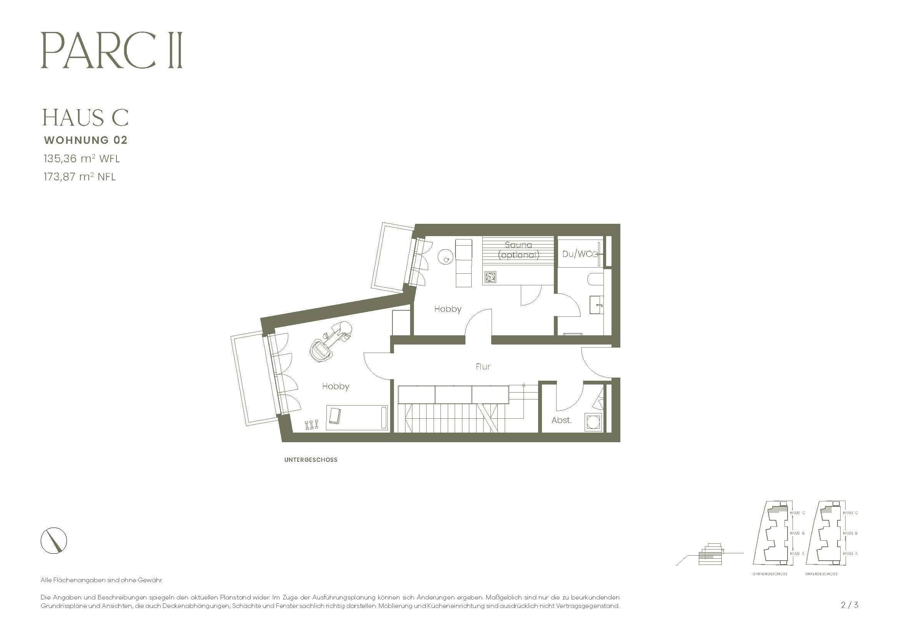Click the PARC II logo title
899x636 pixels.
[111, 51]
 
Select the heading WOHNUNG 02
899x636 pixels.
[86, 140]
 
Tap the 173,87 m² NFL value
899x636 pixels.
[80, 176]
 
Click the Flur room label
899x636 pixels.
[483, 366]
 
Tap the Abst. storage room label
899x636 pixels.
[562, 420]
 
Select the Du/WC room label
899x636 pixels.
[578, 254]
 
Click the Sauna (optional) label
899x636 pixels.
[518, 250]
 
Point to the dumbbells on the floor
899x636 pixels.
[311, 425]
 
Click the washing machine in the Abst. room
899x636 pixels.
[594, 423]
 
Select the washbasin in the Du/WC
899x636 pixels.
[597, 304]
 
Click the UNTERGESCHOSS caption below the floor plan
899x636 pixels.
[311, 460]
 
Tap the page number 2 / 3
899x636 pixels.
[849, 605]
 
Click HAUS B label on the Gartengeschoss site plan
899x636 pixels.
[797, 533]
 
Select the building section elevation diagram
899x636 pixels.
[710, 554]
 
